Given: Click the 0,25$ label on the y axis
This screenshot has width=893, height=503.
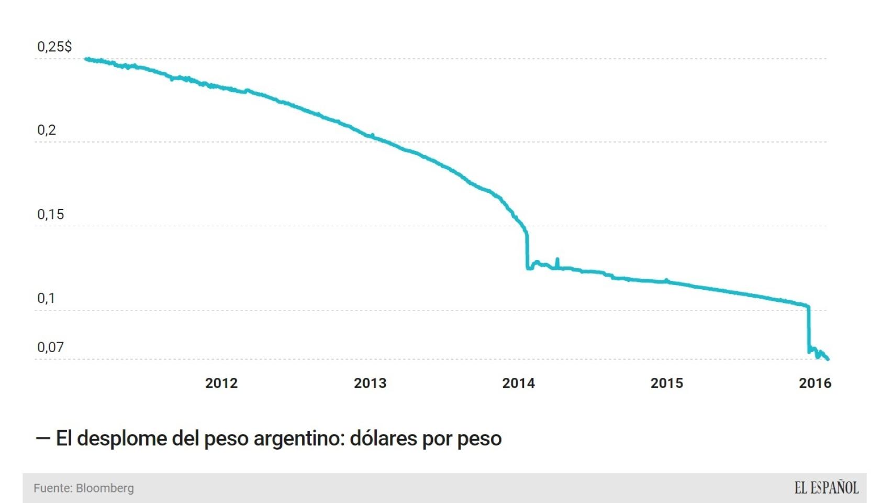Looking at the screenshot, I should (54, 47).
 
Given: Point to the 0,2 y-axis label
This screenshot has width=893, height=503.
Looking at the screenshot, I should (46, 130).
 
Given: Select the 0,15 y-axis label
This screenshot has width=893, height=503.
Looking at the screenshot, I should (50, 214).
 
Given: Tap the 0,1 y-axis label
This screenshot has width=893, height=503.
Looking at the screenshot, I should (46, 298).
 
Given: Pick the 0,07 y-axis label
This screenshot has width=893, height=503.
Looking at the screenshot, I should (50, 347).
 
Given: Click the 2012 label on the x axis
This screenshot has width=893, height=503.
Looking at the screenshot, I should (221, 383).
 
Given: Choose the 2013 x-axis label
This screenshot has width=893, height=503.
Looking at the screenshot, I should (370, 383).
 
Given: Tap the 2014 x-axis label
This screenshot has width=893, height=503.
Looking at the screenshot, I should (518, 383).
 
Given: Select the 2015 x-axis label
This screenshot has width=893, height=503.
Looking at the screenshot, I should (666, 383).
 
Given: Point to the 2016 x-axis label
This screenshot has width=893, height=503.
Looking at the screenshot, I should (814, 383).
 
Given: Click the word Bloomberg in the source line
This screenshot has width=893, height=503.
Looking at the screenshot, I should (105, 488).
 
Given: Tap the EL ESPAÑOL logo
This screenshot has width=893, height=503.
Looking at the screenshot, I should (826, 488).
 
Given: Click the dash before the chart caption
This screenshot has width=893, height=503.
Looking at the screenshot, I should (42, 438).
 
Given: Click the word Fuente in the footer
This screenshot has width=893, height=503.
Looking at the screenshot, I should (52, 488).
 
